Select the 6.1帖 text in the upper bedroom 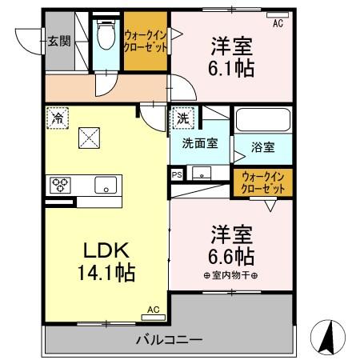point(234,69)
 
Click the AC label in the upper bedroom point(278,24)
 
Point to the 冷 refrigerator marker point(57,116)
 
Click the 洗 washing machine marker point(183,117)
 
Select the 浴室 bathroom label point(263,147)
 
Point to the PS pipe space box point(176,172)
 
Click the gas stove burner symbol point(60,185)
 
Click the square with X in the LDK point(89,138)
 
